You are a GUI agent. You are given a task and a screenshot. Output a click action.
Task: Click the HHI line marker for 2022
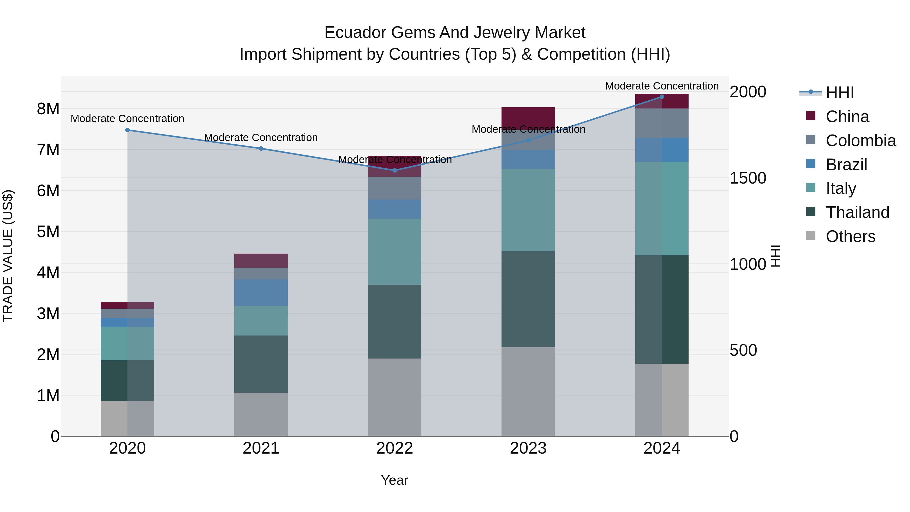click(x=395, y=170)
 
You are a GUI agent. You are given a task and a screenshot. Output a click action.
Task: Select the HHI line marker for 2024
click(x=662, y=97)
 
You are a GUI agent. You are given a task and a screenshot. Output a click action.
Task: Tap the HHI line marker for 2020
click(x=128, y=130)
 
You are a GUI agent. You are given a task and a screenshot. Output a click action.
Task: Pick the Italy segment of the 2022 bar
click(x=395, y=252)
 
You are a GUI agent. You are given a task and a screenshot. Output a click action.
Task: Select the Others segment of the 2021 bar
click(x=261, y=414)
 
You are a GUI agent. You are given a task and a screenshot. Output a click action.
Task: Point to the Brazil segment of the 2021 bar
click(x=261, y=293)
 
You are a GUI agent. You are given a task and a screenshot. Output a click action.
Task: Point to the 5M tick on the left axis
click(x=48, y=232)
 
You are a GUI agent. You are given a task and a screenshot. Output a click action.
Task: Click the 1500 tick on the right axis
click(x=747, y=178)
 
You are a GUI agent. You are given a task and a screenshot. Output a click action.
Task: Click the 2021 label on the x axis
click(x=261, y=448)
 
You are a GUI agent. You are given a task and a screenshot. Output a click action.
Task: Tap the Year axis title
click(x=395, y=480)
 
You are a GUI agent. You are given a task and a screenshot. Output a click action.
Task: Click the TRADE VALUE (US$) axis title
click(x=8, y=256)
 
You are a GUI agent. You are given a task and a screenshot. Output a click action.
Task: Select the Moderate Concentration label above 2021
click(x=261, y=138)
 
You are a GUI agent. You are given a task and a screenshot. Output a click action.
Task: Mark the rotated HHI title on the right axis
click(x=776, y=256)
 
